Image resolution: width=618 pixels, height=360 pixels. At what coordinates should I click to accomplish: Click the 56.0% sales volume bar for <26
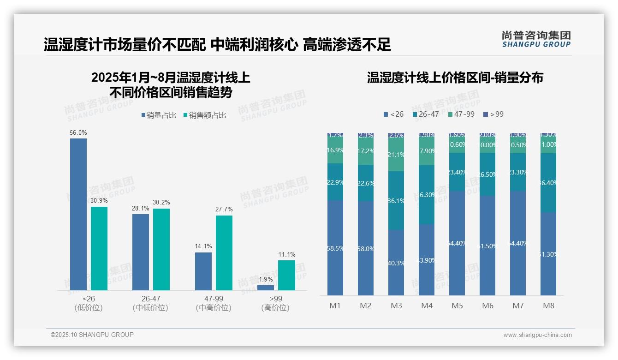(78, 214)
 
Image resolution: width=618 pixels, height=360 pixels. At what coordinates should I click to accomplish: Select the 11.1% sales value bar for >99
(286, 275)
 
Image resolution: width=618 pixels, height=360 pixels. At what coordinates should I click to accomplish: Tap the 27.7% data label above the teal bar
(224, 209)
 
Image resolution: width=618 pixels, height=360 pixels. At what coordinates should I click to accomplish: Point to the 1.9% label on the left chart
(266, 279)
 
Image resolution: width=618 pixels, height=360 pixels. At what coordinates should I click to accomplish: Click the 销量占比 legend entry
(158, 115)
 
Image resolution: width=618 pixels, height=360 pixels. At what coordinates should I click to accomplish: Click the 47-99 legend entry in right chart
(461, 114)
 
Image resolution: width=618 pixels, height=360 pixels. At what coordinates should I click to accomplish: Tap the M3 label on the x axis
(396, 306)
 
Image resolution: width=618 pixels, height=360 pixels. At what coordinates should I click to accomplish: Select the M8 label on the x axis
(548, 306)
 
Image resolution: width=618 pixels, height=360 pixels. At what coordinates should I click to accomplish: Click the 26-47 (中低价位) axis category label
(150, 303)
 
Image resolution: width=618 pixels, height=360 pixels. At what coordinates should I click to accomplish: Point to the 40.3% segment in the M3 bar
(396, 263)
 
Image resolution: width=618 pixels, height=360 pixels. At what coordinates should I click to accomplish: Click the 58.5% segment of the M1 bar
(335, 248)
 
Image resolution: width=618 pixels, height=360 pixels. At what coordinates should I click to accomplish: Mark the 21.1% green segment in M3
(396, 155)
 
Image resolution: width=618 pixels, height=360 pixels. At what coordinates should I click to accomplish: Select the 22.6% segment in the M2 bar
(366, 183)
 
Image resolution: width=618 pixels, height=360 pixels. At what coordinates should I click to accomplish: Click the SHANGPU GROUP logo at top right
(536, 39)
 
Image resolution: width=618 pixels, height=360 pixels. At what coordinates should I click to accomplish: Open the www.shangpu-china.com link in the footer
(537, 335)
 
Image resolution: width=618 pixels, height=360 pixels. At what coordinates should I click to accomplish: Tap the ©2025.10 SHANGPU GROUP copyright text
(92, 335)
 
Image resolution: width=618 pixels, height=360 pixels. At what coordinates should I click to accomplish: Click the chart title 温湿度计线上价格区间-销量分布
(455, 78)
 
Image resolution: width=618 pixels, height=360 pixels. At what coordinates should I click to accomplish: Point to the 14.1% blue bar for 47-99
(203, 271)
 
